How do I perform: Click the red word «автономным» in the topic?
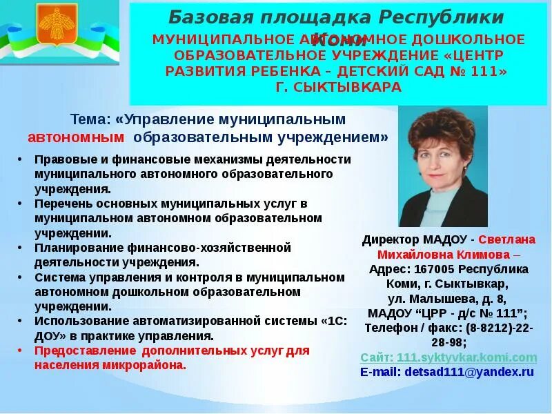(x=76, y=137)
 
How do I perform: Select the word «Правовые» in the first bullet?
(x=63, y=159)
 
